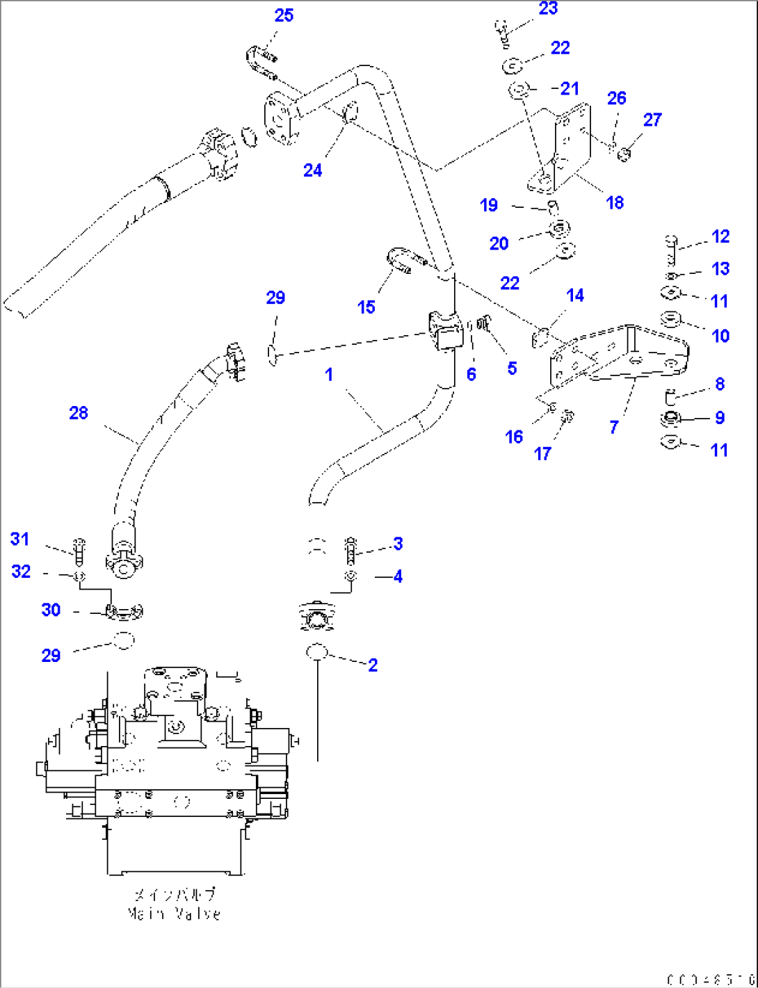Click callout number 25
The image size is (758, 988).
pyautogui.click(x=284, y=15)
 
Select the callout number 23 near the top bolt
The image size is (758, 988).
pyautogui.click(x=548, y=8)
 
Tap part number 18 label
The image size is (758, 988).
pyautogui.click(x=615, y=202)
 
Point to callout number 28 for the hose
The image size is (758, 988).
pyautogui.click(x=79, y=413)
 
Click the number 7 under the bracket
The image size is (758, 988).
pyautogui.click(x=613, y=427)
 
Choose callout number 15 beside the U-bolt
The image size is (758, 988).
pyautogui.click(x=366, y=307)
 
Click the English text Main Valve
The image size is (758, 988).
pyautogui.click(x=175, y=914)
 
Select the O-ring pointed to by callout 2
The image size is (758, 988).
pyautogui.click(x=316, y=652)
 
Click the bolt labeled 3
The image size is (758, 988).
pyautogui.click(x=351, y=551)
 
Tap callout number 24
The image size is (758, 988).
pyautogui.click(x=312, y=170)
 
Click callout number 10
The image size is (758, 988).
pyautogui.click(x=720, y=336)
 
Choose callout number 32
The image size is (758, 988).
pyautogui.click(x=21, y=572)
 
